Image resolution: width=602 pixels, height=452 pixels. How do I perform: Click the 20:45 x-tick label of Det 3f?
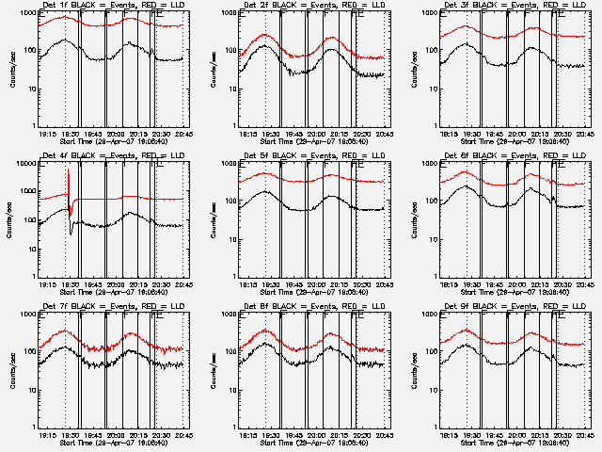(585, 134)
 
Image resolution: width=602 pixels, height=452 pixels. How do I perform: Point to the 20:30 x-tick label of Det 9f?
(562, 435)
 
